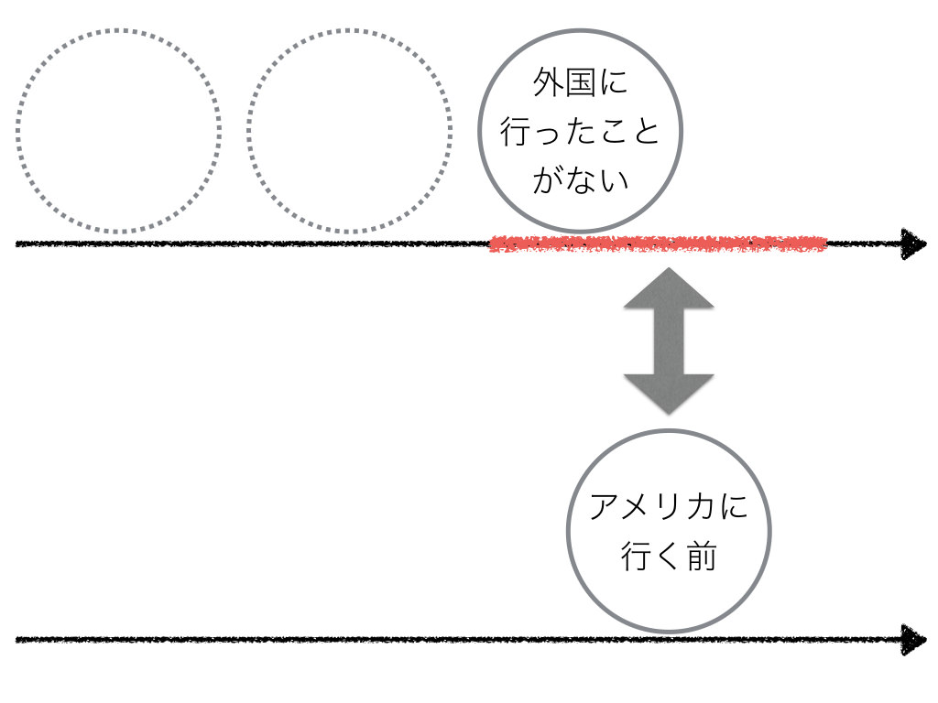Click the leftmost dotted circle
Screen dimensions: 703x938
click(x=117, y=130)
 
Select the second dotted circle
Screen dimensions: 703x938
click(x=349, y=130)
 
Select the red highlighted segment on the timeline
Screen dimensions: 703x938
click(x=658, y=243)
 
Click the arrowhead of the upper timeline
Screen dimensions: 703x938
click(x=913, y=243)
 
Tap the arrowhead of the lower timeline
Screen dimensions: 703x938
click(x=913, y=639)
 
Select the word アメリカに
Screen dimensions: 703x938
click(x=668, y=507)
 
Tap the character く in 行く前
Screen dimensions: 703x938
click(x=668, y=557)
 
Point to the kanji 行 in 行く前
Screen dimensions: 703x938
click(x=637, y=557)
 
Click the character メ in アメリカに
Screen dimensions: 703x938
click(x=638, y=507)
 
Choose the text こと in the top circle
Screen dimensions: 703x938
click(x=627, y=133)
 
